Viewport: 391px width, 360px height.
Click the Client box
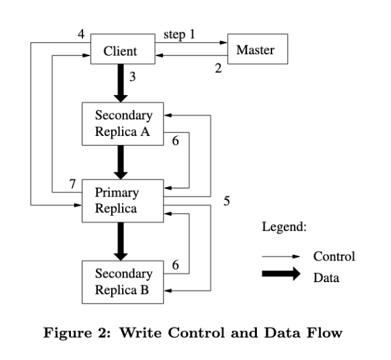pyautogui.click(x=123, y=49)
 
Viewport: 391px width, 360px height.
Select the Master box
pyautogui.click(x=257, y=49)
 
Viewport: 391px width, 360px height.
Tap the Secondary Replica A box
pyautogui.click(x=123, y=124)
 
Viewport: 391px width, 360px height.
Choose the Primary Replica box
pyautogui.click(x=123, y=201)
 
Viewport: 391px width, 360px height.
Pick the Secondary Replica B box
pyautogui.click(x=123, y=282)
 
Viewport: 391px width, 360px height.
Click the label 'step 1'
pyautogui.click(x=179, y=34)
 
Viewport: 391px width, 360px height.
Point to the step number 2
pyautogui.click(x=218, y=68)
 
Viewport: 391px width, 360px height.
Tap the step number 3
pyautogui.click(x=132, y=77)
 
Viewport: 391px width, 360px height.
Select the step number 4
pyautogui.click(x=81, y=34)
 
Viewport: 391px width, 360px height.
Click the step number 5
pyautogui.click(x=226, y=201)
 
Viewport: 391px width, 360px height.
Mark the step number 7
pyautogui.click(x=72, y=184)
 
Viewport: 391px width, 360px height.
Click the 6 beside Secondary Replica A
pyautogui.click(x=175, y=140)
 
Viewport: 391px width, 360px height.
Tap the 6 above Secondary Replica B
pyautogui.click(x=175, y=265)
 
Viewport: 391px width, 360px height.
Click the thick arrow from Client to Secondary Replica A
pyautogui.click(x=121, y=83)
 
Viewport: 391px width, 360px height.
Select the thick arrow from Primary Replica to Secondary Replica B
pyautogui.click(x=121, y=241)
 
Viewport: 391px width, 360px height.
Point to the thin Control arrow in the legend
pyautogui.click(x=280, y=257)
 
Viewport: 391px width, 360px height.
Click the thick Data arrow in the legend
pyautogui.click(x=281, y=274)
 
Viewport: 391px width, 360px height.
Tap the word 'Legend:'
pyautogui.click(x=284, y=227)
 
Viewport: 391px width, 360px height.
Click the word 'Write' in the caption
pyautogui.click(x=141, y=333)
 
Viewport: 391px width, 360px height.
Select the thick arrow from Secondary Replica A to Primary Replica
pyautogui.click(x=121, y=162)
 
